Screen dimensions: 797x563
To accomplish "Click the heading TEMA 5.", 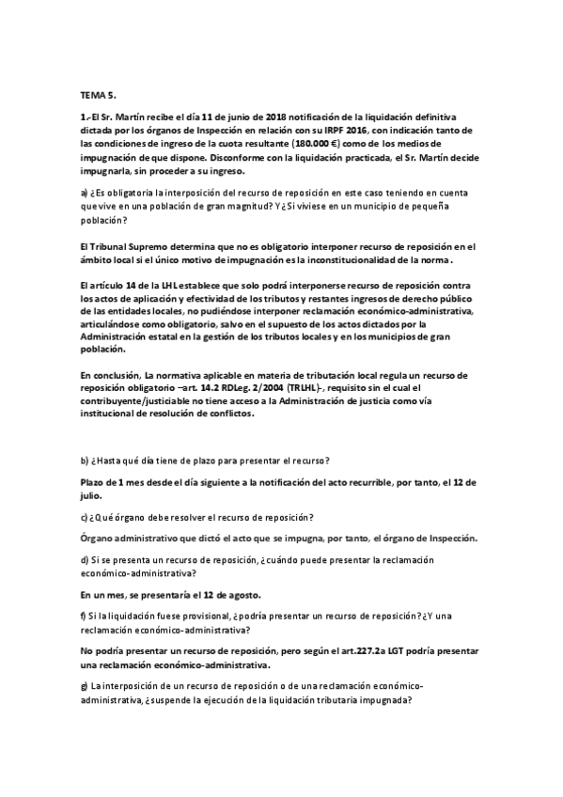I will (x=98, y=95).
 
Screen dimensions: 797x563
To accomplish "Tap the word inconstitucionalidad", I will (x=356, y=259).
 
